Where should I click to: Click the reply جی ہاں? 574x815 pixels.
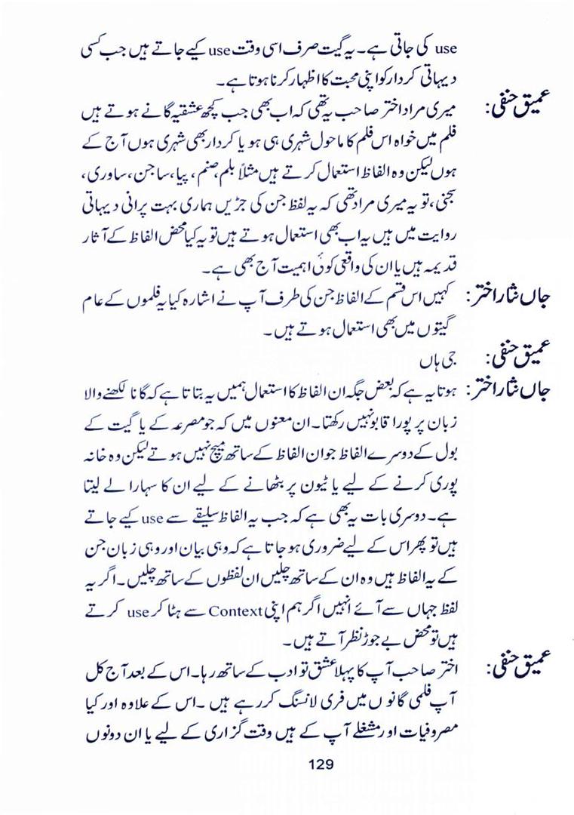437,353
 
